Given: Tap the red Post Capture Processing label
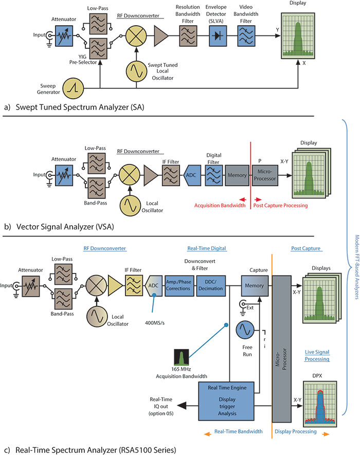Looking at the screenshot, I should tap(280, 206).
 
